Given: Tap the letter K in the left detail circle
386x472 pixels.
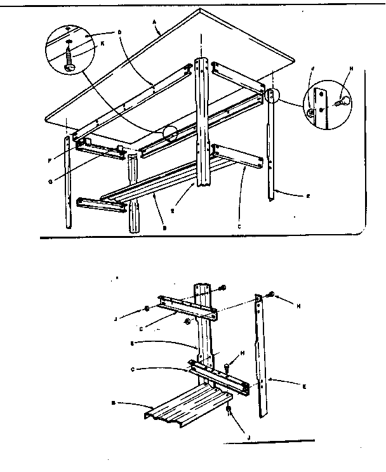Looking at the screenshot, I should coord(85,44).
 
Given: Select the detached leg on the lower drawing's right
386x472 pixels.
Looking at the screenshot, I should coord(262,355).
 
